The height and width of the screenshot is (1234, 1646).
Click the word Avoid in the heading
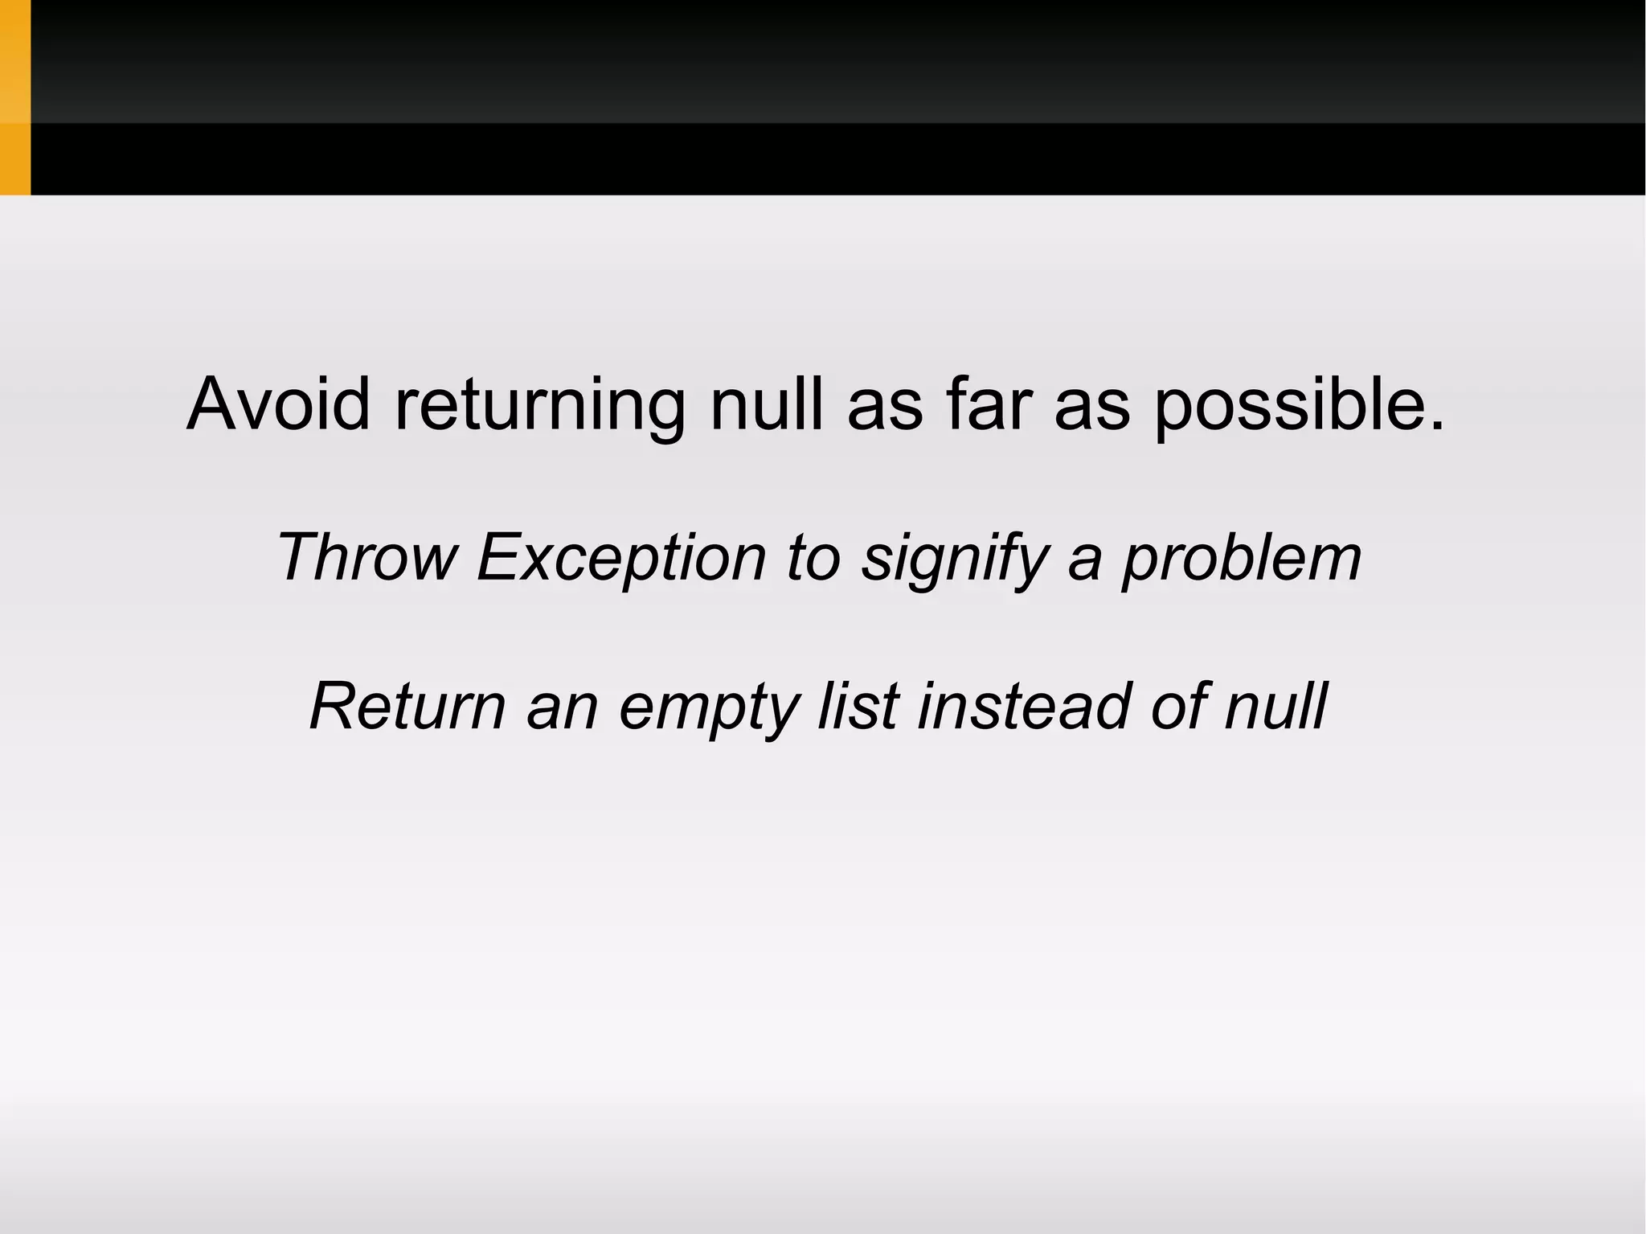(x=278, y=404)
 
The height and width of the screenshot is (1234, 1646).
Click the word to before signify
(x=813, y=557)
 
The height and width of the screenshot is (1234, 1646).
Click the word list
(x=858, y=706)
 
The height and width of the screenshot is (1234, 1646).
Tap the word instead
(x=1024, y=706)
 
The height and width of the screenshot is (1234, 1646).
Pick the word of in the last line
(x=1180, y=706)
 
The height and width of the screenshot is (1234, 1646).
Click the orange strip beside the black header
(x=14, y=97)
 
